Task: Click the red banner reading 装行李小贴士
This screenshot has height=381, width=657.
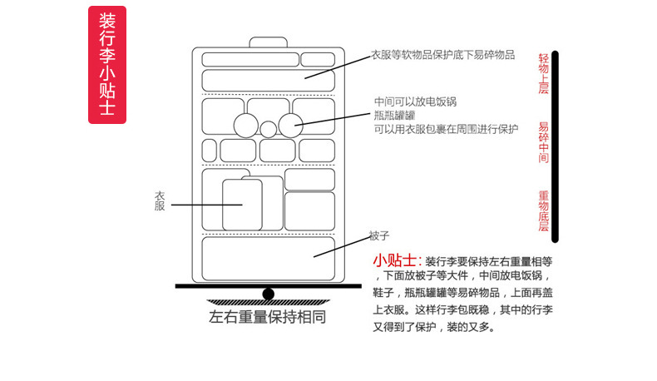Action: tap(106, 66)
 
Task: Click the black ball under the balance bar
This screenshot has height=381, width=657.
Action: tap(268, 293)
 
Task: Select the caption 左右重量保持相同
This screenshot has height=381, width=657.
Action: tap(267, 317)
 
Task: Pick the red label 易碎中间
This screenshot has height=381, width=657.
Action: tap(544, 142)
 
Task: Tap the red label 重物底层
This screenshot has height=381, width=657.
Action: tap(544, 211)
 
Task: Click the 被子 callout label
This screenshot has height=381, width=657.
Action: tap(379, 235)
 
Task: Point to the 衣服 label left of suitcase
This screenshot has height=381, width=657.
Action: tap(160, 201)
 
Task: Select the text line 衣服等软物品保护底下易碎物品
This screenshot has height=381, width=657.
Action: tap(442, 55)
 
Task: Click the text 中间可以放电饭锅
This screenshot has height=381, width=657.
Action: tap(415, 102)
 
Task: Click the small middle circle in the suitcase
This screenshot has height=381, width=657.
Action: tap(268, 129)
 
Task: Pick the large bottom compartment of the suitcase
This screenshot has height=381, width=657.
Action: tap(268, 258)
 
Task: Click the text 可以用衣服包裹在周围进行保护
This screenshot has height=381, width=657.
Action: tap(446, 129)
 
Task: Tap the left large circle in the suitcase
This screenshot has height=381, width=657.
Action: tap(245, 126)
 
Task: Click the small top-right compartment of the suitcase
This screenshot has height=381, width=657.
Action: tap(318, 60)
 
